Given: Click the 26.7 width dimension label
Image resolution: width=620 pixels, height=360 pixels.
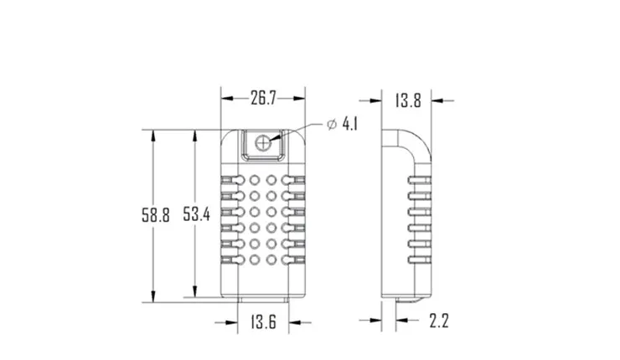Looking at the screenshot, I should pyautogui.click(x=263, y=99).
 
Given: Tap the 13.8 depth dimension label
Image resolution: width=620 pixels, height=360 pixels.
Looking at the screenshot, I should pyautogui.click(x=407, y=101).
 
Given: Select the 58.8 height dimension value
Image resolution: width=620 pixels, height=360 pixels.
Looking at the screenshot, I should pyautogui.click(x=156, y=215).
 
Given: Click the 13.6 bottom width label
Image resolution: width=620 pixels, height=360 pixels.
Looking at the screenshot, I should pyautogui.click(x=263, y=321).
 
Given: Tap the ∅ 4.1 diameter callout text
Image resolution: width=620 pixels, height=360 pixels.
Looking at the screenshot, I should pyautogui.click(x=342, y=124).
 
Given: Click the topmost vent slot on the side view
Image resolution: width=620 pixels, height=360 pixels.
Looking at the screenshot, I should pyautogui.click(x=419, y=180).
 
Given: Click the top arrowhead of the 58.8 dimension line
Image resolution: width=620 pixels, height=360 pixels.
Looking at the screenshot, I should pyautogui.click(x=153, y=134).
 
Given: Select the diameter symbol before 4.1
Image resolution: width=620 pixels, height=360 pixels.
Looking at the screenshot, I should pyautogui.click(x=331, y=124).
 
